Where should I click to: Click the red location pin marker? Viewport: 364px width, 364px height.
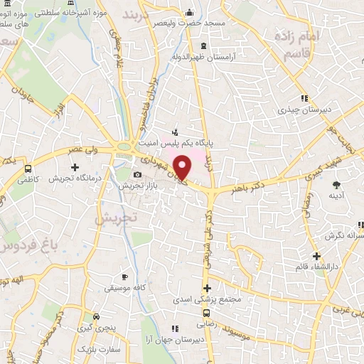pyautogui.click(x=183, y=168)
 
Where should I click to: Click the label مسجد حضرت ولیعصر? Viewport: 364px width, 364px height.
pyautogui.click(x=190, y=23)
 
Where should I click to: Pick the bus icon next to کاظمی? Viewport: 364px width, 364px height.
pyautogui.click(x=28, y=170)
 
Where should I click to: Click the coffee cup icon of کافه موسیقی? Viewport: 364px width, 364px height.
pyautogui.click(x=125, y=277)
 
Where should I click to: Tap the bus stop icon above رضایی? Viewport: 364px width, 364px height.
pyautogui.click(x=207, y=314)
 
